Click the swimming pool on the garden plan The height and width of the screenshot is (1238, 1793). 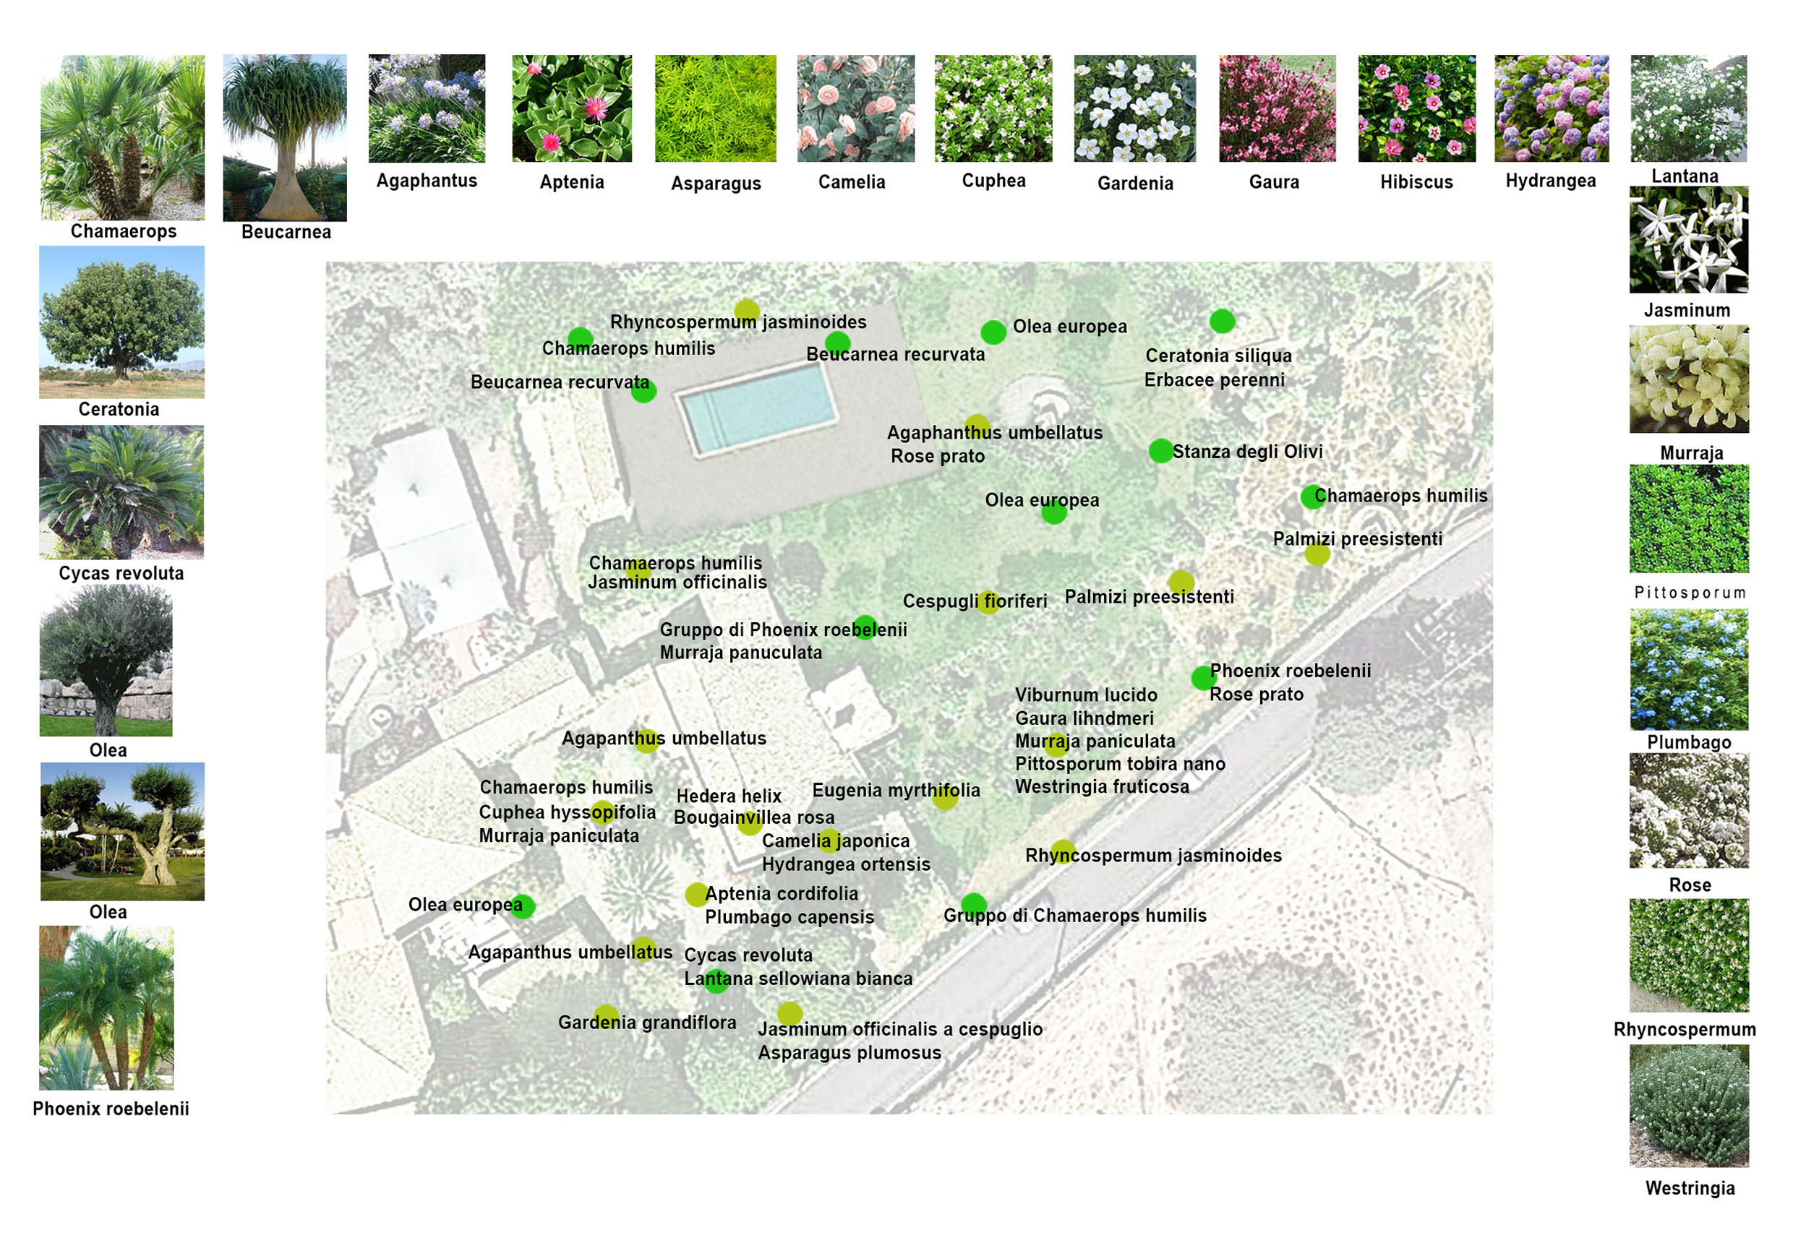click(x=757, y=410)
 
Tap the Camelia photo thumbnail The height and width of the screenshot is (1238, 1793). click(x=855, y=108)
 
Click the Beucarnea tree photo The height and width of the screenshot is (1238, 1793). click(x=285, y=137)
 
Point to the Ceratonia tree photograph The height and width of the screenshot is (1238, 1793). click(x=121, y=322)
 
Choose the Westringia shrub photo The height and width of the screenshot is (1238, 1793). click(x=1688, y=1104)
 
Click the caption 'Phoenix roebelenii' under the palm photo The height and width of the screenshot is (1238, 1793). click(x=111, y=1109)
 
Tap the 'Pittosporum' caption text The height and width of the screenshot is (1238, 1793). click(x=1689, y=593)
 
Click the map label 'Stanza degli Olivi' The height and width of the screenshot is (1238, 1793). click(x=1247, y=452)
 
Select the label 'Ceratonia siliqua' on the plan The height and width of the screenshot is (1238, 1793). click(x=1218, y=356)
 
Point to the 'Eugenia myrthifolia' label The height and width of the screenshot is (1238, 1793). click(x=895, y=791)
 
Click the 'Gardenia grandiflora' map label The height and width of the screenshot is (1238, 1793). click(x=647, y=1023)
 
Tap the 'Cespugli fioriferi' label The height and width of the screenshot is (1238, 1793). click(x=975, y=601)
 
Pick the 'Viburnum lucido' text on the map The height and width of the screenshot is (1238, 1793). click(x=1085, y=695)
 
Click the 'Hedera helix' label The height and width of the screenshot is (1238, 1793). click(x=729, y=796)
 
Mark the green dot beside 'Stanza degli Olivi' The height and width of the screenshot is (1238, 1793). click(x=1160, y=451)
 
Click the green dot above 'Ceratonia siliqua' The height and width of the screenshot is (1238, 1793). click(x=1222, y=321)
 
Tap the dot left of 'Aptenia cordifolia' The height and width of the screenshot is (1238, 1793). click(x=696, y=895)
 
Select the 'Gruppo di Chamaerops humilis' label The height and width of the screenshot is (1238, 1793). click(x=1074, y=916)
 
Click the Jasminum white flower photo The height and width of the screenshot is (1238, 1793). click(x=1688, y=240)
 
